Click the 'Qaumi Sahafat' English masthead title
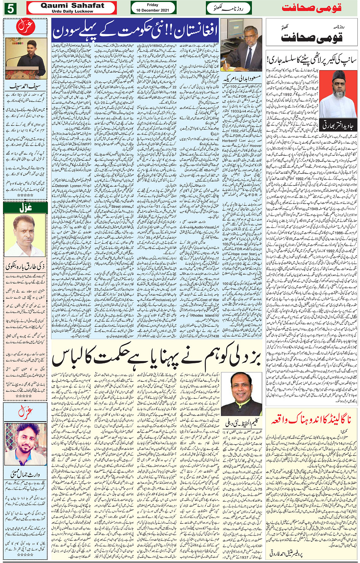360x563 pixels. [72, 6]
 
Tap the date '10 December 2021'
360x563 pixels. [152, 10]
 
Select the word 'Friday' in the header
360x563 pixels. [152, 5]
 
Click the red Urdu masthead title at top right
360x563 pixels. [311, 8]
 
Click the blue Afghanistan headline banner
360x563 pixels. [134, 29]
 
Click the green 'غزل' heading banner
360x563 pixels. [25, 208]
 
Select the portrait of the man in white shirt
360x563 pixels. [25, 236]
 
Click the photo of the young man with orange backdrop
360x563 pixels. [26, 444]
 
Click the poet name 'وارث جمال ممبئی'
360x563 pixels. [25, 475]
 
